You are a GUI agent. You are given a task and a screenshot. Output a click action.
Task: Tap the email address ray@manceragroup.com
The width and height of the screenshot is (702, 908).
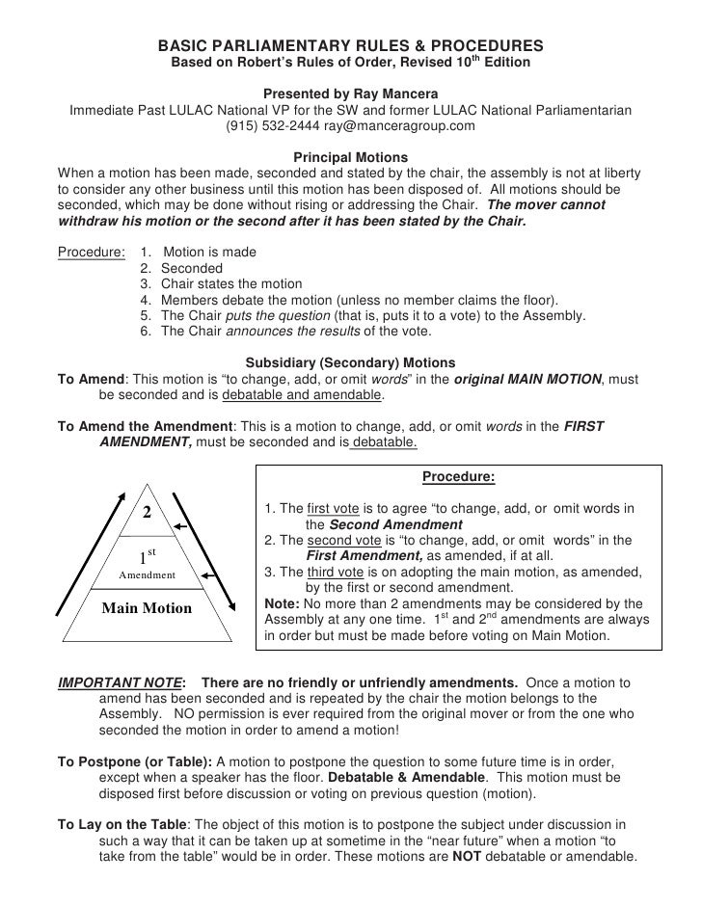399,126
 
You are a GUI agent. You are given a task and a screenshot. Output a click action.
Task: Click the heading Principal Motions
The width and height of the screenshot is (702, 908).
350,157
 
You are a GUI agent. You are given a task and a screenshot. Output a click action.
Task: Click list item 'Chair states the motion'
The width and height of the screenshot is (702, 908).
230,284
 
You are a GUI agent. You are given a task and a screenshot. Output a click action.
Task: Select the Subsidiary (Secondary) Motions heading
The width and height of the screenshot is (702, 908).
350,363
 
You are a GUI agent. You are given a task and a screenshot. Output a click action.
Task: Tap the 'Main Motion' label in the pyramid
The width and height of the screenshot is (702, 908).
148,608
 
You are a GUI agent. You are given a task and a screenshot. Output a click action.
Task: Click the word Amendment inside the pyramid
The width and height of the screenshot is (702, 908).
147,575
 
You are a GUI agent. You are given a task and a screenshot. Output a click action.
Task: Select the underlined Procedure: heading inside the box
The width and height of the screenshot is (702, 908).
459,477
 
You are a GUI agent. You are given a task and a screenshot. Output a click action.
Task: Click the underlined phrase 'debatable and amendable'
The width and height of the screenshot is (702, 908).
302,395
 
